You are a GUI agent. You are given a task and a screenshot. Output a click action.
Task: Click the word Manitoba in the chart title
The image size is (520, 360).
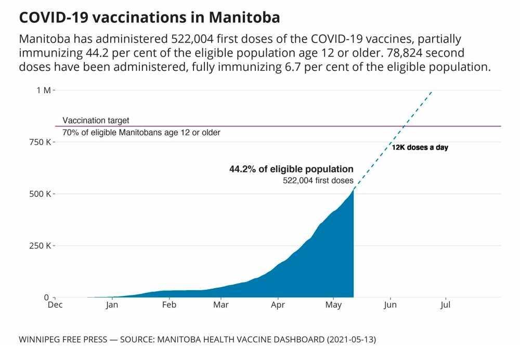point(245,17)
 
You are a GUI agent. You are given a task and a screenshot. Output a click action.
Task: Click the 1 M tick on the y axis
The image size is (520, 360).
point(43,90)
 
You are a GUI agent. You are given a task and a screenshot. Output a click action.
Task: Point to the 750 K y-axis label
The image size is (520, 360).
point(40,142)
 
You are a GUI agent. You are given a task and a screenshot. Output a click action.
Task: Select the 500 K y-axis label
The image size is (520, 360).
point(40,194)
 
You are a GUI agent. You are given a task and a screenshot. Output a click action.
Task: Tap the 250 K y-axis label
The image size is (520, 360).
point(40,246)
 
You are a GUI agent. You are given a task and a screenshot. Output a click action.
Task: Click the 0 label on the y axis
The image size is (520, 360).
point(46,297)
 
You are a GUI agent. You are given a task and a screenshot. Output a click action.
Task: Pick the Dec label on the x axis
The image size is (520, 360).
point(55,306)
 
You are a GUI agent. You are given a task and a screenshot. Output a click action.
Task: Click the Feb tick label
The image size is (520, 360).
point(169,306)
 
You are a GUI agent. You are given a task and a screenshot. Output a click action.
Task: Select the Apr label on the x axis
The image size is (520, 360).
point(278,306)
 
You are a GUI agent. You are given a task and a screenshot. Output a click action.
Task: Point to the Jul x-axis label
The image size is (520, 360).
point(445,306)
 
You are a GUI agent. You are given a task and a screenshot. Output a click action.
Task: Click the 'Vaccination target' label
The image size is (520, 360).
point(96,120)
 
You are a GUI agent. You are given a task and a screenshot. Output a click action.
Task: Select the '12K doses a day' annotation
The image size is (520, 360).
point(420,148)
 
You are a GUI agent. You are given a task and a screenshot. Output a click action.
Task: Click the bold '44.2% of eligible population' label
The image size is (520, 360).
point(291,169)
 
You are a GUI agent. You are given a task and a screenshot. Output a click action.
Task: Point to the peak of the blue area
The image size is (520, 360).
point(353,190)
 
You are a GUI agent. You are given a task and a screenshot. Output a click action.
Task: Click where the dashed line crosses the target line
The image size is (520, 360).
point(403,126)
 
